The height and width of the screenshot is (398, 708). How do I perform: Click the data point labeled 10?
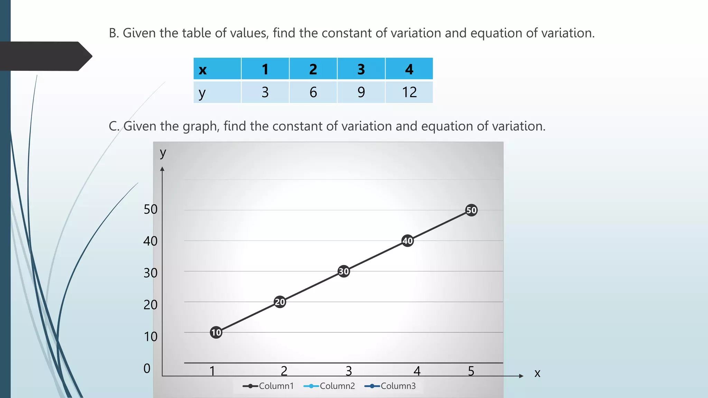point(216,332)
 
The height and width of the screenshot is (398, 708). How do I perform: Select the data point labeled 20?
point(280,302)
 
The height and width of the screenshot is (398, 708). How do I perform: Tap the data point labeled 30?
point(344,271)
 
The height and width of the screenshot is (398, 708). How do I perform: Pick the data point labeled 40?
point(408,241)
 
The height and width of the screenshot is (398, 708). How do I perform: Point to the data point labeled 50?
point(472,210)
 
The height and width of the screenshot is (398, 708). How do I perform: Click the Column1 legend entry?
point(268,386)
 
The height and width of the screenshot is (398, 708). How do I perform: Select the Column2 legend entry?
point(329,386)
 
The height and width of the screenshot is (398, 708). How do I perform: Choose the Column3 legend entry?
point(390,386)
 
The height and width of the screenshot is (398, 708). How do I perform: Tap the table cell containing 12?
point(409,92)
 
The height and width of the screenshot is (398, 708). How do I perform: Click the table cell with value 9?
point(361,92)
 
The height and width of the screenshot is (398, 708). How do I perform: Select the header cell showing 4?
point(409,69)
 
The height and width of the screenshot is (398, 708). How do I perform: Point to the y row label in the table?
point(202,93)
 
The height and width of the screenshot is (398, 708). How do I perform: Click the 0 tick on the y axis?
point(147,368)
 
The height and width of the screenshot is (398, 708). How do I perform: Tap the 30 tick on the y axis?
point(150,273)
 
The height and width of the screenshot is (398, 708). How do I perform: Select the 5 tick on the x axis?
point(471,371)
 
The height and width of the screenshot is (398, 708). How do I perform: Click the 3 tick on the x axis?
point(349,371)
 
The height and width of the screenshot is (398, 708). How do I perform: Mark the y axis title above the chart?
point(163,153)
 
